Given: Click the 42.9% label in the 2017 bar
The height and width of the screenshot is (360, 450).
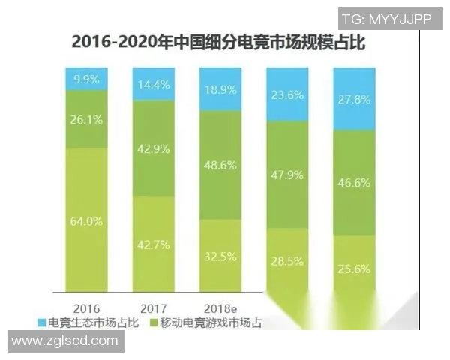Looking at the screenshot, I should click(154, 148).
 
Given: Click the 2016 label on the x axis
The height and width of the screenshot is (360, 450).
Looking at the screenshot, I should click(88, 307).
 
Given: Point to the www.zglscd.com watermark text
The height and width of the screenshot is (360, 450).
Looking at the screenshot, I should click(66, 341).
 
